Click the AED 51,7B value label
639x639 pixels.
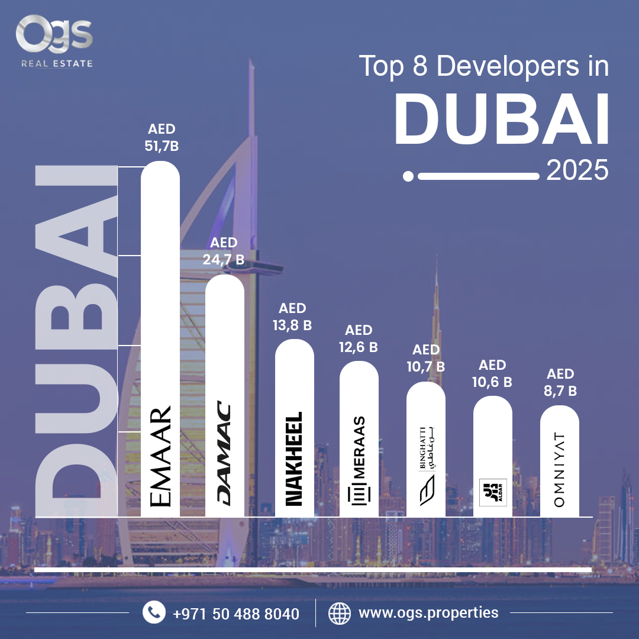click(x=161, y=138)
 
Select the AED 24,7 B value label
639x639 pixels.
click(x=224, y=251)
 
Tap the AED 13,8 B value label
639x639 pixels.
click(x=292, y=317)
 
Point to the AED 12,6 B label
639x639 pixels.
click(x=359, y=339)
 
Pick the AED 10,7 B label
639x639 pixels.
click(x=425, y=359)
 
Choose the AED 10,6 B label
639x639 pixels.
click(x=492, y=373)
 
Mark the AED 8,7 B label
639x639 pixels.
click(x=560, y=382)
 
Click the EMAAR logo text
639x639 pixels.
click(x=161, y=456)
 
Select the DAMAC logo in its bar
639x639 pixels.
click(x=224, y=454)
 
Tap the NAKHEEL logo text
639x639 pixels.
click(x=294, y=459)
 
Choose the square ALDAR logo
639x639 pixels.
click(x=493, y=492)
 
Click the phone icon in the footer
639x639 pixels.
click(x=154, y=612)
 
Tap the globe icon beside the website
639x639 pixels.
click(x=340, y=612)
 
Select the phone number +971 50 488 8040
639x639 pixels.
click(x=236, y=614)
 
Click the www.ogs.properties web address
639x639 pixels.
click(x=428, y=612)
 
